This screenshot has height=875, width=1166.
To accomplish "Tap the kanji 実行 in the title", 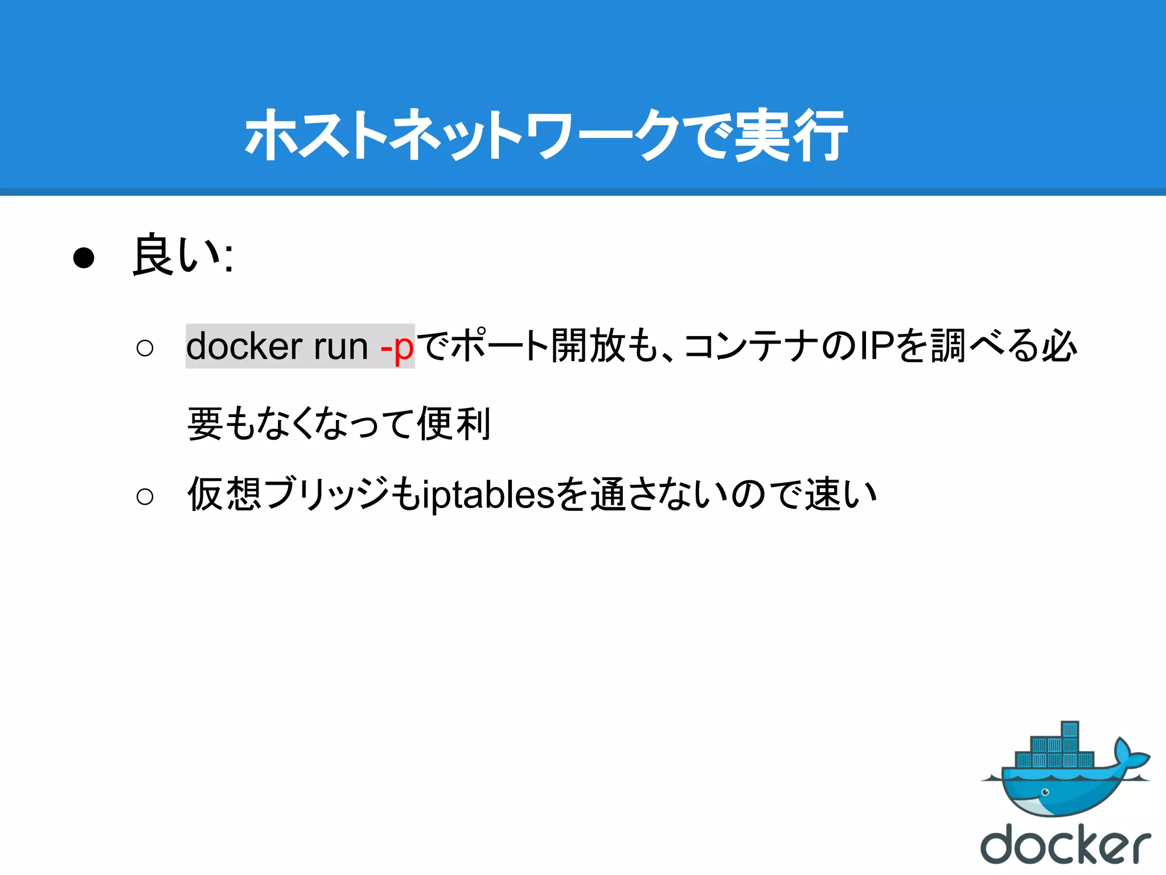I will [x=790, y=136].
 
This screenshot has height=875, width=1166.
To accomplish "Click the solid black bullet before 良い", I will [x=84, y=258].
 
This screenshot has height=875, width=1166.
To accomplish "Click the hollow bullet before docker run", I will [x=145, y=348].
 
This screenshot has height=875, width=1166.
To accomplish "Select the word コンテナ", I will [x=752, y=346].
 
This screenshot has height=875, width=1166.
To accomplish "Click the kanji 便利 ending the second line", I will [x=454, y=424].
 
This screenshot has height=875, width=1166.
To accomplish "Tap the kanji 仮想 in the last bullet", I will [x=224, y=494].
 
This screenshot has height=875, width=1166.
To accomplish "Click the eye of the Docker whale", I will [x=1045, y=792].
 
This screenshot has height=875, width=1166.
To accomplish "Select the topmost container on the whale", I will [x=1070, y=730].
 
